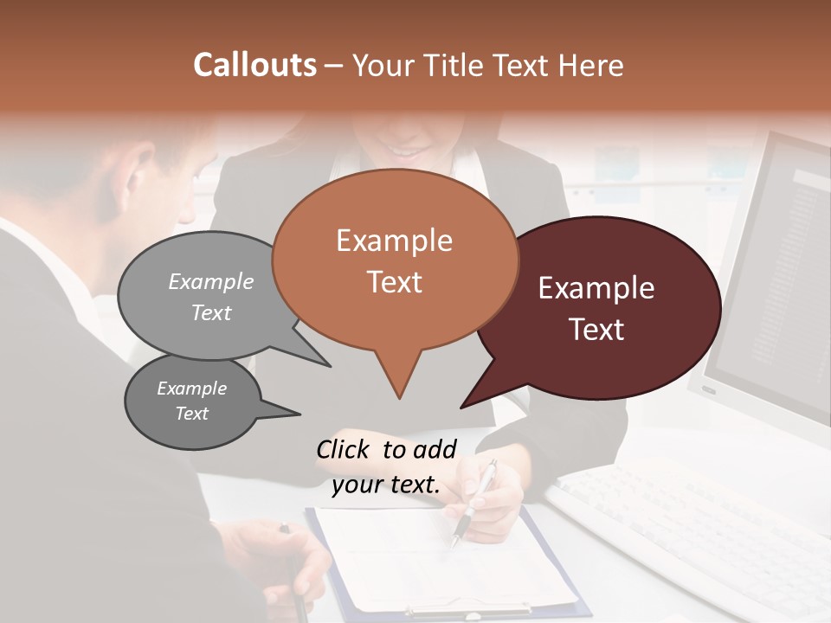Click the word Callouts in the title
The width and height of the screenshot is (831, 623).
tap(254, 65)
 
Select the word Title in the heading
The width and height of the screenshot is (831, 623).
tap(454, 65)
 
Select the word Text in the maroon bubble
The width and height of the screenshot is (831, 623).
tap(596, 330)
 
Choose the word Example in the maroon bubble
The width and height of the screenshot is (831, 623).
tap(596, 288)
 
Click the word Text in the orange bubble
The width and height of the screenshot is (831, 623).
tap(395, 282)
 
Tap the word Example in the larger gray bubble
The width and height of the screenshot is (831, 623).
tap(211, 281)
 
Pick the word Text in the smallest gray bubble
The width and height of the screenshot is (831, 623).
tap(192, 414)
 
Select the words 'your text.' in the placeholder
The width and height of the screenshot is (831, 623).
tap(386, 485)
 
